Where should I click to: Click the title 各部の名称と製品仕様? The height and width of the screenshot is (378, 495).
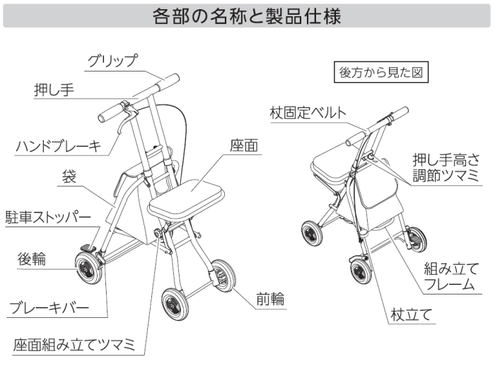(247, 16)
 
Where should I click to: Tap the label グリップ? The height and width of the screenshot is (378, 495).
(112, 61)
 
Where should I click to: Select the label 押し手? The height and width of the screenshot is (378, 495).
(54, 90)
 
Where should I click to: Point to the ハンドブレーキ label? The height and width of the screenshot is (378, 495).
(59, 147)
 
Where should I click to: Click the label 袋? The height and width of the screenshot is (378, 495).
(69, 177)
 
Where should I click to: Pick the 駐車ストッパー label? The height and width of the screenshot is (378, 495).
(48, 217)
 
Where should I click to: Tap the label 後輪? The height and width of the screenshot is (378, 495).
(32, 259)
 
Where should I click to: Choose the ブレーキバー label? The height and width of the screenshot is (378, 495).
(49, 307)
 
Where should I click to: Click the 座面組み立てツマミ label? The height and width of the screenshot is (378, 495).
(74, 345)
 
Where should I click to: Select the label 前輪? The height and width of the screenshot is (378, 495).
(270, 299)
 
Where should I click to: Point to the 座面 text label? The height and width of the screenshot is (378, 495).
(244, 146)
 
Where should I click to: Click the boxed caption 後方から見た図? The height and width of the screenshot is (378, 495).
(381, 72)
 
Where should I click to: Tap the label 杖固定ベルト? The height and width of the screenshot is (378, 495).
(308, 113)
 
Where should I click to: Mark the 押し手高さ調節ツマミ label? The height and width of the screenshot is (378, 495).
(445, 168)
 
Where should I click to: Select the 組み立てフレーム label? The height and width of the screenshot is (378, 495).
(451, 276)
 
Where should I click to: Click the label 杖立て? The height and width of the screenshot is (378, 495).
(411, 315)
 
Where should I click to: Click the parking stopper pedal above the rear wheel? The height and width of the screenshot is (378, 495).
(88, 248)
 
